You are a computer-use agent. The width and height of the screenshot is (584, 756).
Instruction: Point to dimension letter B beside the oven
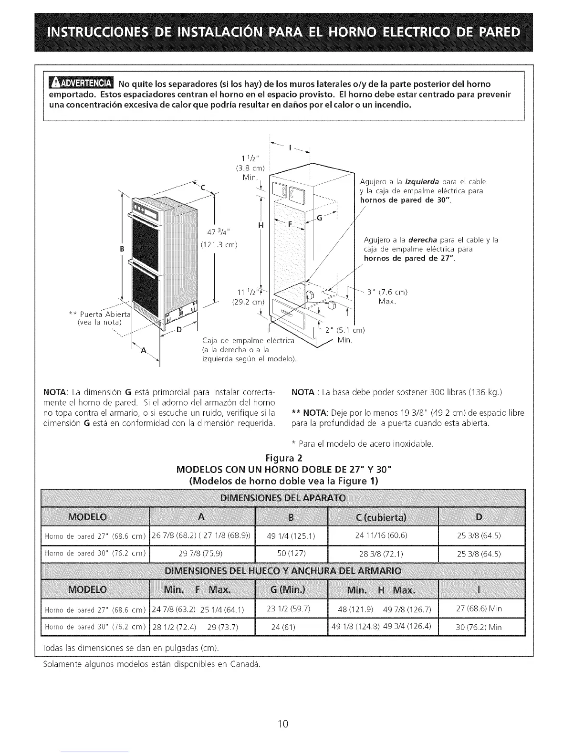(122, 249)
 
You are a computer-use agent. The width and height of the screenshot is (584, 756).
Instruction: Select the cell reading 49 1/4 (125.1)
(291, 535)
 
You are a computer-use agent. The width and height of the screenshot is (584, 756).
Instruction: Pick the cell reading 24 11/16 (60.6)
(381, 535)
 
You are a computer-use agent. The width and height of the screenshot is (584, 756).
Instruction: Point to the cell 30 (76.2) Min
(479, 627)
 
